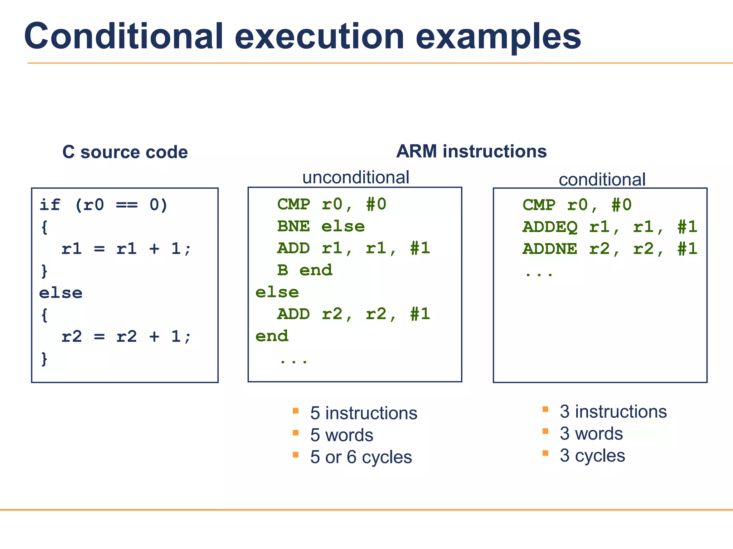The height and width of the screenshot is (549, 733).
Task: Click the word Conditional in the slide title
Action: tap(123, 36)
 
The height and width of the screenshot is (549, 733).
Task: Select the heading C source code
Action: tap(125, 152)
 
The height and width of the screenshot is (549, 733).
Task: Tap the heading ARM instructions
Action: tap(471, 152)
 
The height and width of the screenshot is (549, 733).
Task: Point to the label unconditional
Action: tap(355, 177)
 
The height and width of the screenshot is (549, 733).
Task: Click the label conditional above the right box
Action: tap(602, 179)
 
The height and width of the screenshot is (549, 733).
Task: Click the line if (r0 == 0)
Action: tap(103, 205)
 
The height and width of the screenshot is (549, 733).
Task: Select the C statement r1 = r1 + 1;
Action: tap(126, 249)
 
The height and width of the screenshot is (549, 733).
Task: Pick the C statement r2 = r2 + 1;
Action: tap(126, 337)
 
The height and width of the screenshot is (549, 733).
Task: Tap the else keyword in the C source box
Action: tap(61, 293)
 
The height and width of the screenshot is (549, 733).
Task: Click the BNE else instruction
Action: tap(321, 227)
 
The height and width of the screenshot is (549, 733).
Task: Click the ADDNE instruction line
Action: tap(610, 249)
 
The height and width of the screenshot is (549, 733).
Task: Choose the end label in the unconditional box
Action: tap(272, 336)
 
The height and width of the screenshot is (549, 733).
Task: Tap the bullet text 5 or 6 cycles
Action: tap(361, 457)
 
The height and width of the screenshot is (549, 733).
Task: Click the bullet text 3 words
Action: tap(591, 434)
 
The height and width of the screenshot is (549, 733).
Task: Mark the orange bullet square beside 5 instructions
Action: tap(296, 411)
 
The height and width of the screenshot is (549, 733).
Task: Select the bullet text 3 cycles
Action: tap(592, 456)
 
